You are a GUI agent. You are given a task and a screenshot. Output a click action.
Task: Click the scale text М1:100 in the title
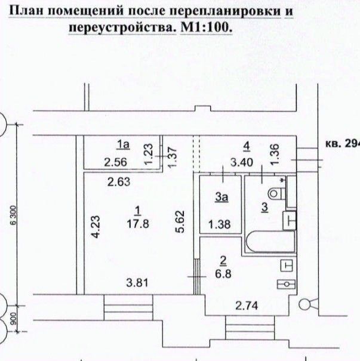pyautogui.click(x=206, y=27)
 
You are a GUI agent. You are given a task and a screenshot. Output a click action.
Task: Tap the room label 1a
pyautogui.click(x=123, y=145)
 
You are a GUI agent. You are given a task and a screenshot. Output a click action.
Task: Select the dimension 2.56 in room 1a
pyautogui.click(x=115, y=162)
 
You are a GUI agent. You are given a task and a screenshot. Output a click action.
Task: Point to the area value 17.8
pyautogui.click(x=138, y=224)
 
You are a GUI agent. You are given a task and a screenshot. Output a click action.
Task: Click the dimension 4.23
pyautogui.click(x=96, y=227)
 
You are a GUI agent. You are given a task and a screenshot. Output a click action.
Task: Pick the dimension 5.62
pyautogui.click(x=180, y=222)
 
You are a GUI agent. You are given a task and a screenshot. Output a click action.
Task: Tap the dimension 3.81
pyautogui.click(x=137, y=282)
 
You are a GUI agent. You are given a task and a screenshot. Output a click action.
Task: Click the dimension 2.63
pyautogui.click(x=119, y=182)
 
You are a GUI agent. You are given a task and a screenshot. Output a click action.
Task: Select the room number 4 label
pyautogui.click(x=247, y=147)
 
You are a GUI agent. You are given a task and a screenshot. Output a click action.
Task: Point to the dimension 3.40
pyautogui.click(x=242, y=162)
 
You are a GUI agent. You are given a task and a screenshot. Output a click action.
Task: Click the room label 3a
pyautogui.click(x=221, y=198)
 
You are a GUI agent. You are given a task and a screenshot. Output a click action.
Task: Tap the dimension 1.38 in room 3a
pyautogui.click(x=219, y=224)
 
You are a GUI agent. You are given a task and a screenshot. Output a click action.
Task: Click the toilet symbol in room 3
pyautogui.click(x=276, y=193)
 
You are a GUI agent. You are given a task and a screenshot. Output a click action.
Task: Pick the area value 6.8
pyautogui.click(x=223, y=274)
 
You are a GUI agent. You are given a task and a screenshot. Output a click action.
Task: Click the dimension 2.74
pyautogui.click(x=247, y=306)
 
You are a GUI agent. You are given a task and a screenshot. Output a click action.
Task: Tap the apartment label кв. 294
pyautogui.click(x=343, y=144)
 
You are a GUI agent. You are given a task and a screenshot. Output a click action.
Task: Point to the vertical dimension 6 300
pyautogui.click(x=14, y=215)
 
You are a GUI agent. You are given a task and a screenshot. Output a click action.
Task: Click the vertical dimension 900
pyautogui.click(x=14, y=319)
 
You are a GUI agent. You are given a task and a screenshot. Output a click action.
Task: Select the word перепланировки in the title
pyautogui.click(x=226, y=11)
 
